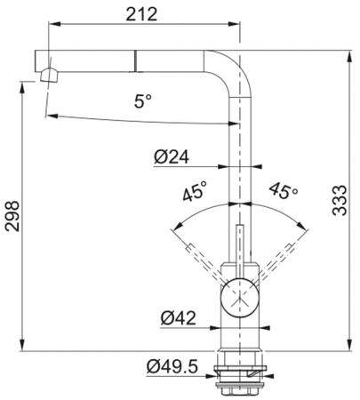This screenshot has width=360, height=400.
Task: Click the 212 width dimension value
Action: (141, 14)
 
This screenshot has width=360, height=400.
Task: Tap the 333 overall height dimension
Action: (340, 201)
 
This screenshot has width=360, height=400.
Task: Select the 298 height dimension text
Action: (12, 216)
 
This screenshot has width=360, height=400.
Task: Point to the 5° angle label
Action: (143, 100)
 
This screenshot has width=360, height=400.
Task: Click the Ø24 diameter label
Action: (172, 156)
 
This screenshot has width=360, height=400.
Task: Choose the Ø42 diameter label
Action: (178, 318)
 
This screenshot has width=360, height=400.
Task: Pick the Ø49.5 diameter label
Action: (172, 367)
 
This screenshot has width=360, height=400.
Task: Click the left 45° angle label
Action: (195, 191)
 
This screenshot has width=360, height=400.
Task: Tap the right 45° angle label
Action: (283, 190)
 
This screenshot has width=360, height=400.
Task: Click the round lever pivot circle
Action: (238, 296)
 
